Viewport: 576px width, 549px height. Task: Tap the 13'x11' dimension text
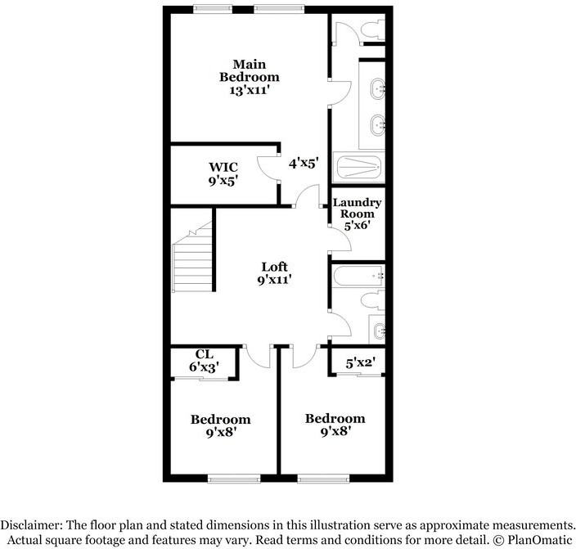250,91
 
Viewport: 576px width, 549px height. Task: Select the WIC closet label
223,167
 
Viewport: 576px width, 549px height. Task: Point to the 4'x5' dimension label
303,163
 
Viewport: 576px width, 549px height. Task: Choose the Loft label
274,266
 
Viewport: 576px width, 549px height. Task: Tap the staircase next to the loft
193,260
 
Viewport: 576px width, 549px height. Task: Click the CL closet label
204,354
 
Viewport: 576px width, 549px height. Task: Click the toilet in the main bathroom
371,30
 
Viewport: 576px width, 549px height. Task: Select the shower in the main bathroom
358,168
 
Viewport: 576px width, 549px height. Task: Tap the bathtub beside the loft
357,277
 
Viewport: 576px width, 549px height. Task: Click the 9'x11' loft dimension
274,280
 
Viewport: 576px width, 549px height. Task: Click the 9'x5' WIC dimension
223,182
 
